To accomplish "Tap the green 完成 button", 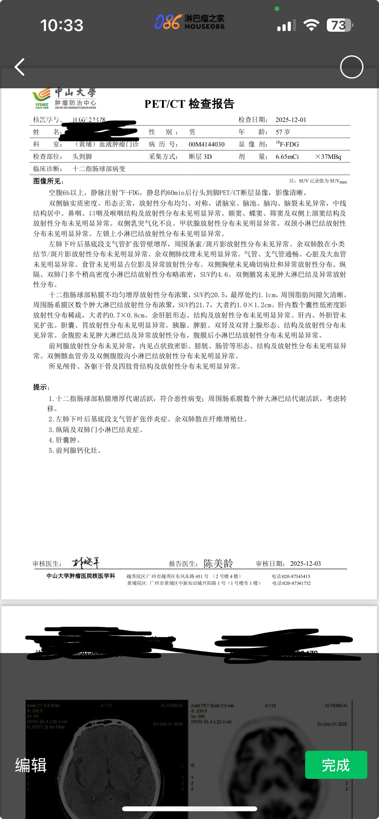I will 336,765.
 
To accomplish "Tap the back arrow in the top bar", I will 20,67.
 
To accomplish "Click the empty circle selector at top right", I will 351,67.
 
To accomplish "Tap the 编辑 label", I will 31,765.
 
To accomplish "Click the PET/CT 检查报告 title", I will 189,104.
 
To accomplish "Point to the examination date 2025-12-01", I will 291,120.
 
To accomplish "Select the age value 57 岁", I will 282,132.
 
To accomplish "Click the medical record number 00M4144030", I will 206,144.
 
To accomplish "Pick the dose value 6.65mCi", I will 287,157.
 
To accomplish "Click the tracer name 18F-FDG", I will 288,144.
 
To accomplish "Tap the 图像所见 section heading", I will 48,181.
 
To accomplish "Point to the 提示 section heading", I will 41,387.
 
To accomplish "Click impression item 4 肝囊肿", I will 64,440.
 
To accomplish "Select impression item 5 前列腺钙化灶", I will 75,450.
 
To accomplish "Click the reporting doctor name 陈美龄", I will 218,563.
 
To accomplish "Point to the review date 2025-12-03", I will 305,563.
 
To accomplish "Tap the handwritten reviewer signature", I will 86,563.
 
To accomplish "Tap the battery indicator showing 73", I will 339,25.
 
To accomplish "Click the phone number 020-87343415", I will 295,576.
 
